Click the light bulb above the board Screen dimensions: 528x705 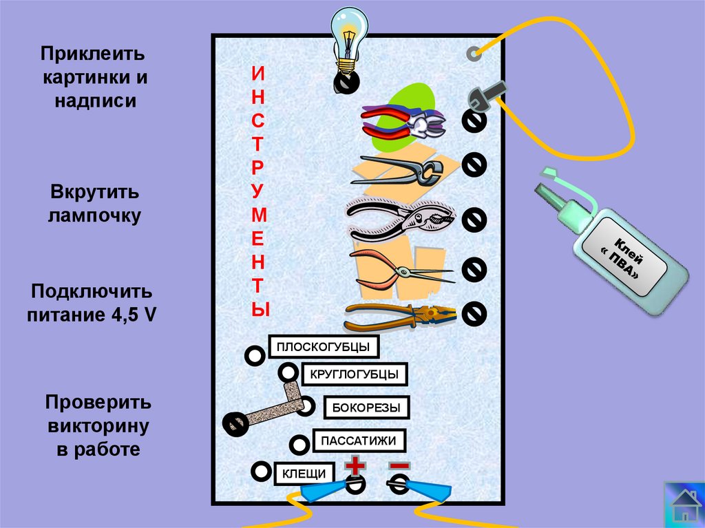pos(348,39)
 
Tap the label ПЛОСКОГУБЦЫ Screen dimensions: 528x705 pos(324,347)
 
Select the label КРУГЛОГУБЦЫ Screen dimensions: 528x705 pos(355,374)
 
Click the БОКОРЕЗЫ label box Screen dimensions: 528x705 pos(366,408)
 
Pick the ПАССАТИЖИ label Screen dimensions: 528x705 pos(359,441)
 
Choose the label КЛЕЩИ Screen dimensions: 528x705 pos(305,473)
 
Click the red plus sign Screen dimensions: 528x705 pos(355,466)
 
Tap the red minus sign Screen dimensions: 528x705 pos(399,465)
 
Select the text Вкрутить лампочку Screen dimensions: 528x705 pos(94,203)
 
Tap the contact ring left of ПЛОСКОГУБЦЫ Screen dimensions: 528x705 pos(255,356)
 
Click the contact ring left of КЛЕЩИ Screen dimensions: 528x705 pos(261,472)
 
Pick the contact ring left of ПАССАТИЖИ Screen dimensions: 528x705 pos(299,444)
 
